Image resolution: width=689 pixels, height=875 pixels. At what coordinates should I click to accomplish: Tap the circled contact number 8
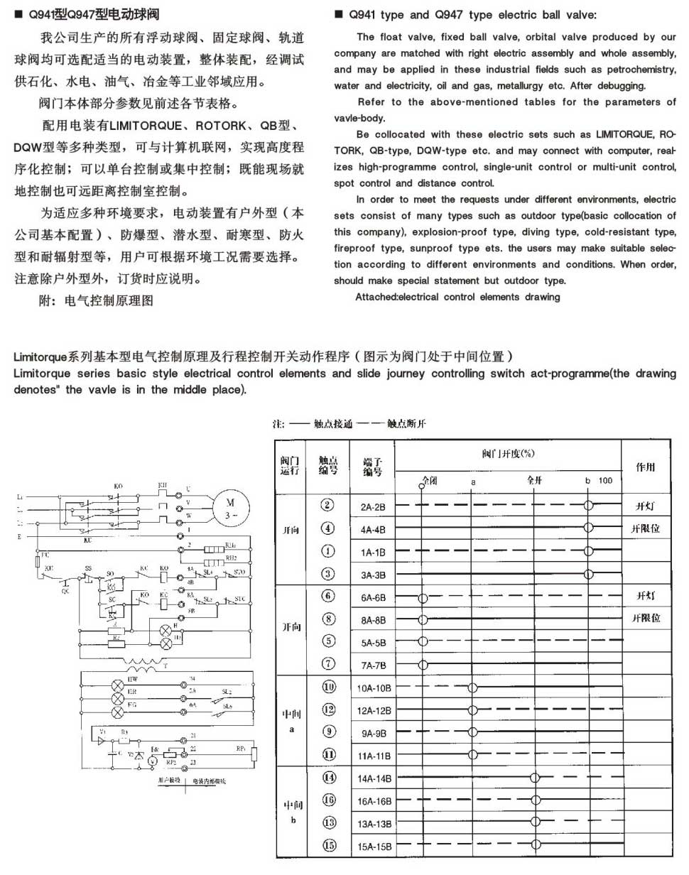click(327, 619)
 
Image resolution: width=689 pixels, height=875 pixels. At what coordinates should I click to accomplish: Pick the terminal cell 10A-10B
click(375, 687)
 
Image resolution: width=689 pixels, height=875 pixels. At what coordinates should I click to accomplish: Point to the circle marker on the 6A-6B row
click(423, 597)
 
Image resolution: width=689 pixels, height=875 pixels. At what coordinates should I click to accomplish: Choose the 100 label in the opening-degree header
click(605, 481)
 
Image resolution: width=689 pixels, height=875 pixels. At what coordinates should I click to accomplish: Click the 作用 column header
click(646, 467)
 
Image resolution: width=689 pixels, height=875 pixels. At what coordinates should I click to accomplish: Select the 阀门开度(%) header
click(508, 453)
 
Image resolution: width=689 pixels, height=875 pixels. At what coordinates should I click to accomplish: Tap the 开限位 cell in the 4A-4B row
click(646, 528)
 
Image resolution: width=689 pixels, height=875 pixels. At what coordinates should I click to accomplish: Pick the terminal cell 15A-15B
click(375, 846)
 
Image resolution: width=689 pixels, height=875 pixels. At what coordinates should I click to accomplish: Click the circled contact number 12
click(327, 710)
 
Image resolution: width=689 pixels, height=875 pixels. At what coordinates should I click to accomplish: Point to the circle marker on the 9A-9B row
click(472, 732)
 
